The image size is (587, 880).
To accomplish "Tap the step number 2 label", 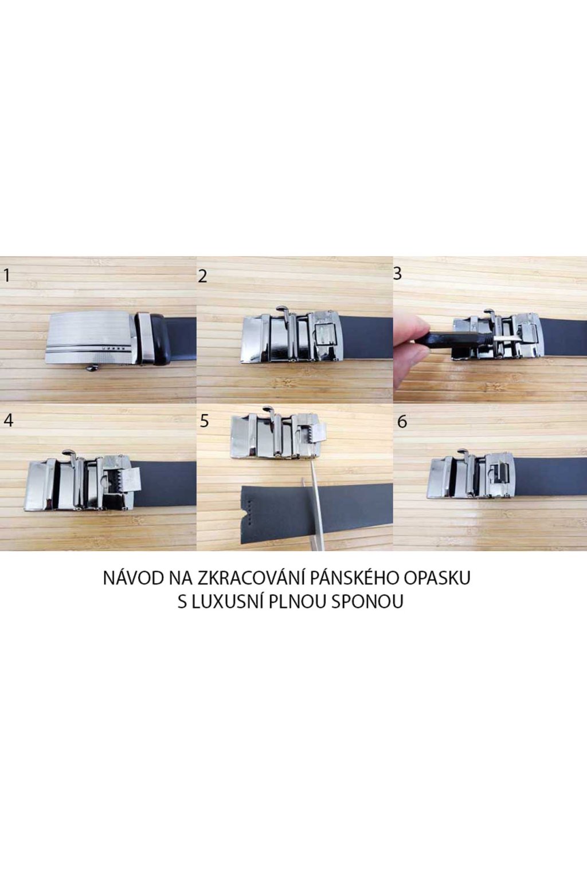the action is tap(202, 277).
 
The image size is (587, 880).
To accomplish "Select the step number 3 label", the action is tap(397, 274).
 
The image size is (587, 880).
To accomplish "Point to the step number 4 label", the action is tap(8, 421).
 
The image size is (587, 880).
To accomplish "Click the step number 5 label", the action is tap(205, 421).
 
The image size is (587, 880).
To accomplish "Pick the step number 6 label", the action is tap(402, 422).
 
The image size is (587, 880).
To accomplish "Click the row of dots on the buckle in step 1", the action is tap(112, 348).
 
